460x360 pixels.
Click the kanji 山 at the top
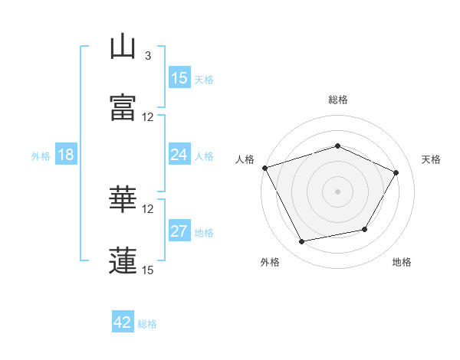123,46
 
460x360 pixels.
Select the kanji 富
123,107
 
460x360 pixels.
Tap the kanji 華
123,198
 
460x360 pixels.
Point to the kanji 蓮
123,260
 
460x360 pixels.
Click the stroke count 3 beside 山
148,56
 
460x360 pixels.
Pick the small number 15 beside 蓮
147,270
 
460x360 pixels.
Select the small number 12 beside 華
147,209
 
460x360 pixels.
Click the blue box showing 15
179,77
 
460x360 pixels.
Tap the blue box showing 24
179,154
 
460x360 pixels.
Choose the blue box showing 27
179,230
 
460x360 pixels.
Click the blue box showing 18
66,154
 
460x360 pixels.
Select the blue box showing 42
123,321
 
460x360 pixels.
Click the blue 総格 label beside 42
147,324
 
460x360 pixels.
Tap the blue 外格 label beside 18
41,156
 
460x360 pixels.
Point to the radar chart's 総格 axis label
338,100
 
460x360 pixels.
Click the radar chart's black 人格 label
245,159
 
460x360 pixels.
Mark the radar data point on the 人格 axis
265,168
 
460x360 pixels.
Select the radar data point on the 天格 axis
396,172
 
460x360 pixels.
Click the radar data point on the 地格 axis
365,229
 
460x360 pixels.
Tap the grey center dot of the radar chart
337,191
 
